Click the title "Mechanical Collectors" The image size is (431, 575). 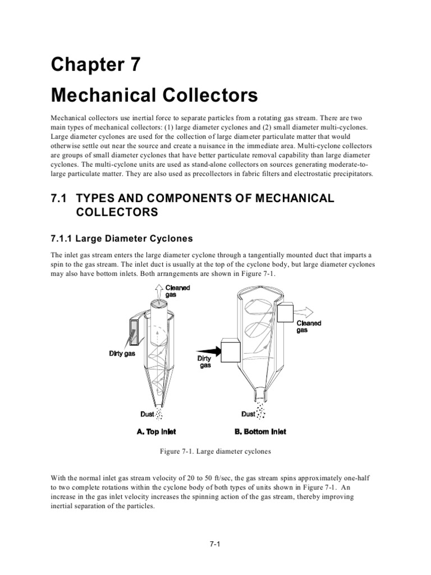pyautogui.click(x=154, y=95)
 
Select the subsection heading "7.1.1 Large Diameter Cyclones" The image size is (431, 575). pyautogui.click(x=122, y=238)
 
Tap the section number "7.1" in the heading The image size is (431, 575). pyautogui.click(x=60, y=198)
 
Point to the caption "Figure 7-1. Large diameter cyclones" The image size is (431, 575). pyautogui.click(x=215, y=451)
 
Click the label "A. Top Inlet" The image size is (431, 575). pyautogui.click(x=157, y=432)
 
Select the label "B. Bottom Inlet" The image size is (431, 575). pyautogui.click(x=260, y=432)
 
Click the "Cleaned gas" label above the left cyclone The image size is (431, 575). pyautogui.click(x=178, y=291)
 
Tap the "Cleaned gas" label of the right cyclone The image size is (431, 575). pyautogui.click(x=309, y=327)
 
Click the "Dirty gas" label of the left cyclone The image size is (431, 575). pyautogui.click(x=122, y=354)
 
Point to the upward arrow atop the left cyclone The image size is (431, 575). pyautogui.click(x=159, y=292)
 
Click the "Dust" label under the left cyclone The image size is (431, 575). pyautogui.click(x=147, y=414)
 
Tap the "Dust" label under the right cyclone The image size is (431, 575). pyautogui.click(x=247, y=414)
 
